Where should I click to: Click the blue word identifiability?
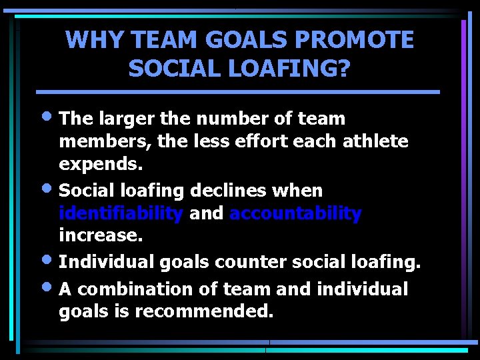click(x=121, y=214)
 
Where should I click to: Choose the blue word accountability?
click(x=295, y=214)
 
